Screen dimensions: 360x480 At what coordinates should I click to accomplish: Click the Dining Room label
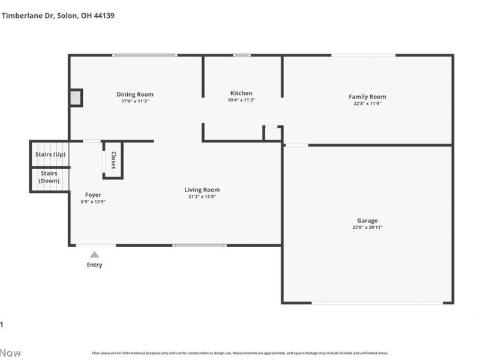coord(134,94)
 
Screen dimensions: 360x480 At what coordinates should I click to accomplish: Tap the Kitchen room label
coord(241,93)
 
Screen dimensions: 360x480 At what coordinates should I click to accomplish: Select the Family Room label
coord(367,97)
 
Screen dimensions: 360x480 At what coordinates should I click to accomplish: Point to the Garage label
coord(367,220)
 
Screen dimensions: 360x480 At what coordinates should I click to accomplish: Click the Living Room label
coord(202,190)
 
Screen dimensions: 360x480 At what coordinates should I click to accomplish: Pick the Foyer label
coord(93,194)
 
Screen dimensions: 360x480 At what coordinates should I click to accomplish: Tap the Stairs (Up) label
coord(50,154)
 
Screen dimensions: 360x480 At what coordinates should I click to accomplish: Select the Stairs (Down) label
coord(49,177)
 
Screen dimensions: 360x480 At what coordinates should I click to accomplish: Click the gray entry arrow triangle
coord(94,254)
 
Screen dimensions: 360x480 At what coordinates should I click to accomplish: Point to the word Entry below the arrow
coord(94,265)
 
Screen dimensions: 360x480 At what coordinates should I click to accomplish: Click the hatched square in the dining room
coord(76,98)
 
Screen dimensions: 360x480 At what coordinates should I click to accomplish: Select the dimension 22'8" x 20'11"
coord(367,227)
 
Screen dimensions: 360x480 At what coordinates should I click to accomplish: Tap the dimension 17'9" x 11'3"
coord(134,101)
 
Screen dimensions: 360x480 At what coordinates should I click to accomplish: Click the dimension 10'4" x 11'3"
coord(241,100)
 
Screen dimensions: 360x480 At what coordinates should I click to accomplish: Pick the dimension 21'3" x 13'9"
coord(202,197)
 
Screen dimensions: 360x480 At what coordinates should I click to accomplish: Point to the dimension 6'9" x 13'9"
coord(93,202)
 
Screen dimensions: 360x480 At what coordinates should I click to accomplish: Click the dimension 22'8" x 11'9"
coord(367,104)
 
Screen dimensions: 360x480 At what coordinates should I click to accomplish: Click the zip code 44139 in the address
coord(103,16)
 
